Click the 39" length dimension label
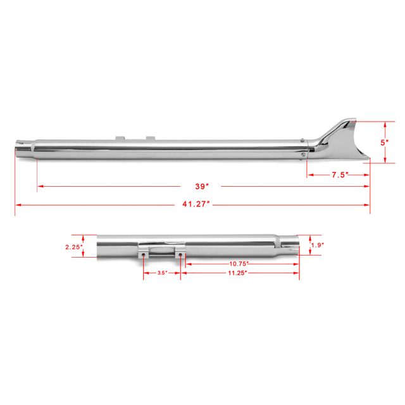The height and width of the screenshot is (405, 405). click(x=202, y=186)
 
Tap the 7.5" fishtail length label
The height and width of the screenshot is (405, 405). click(x=340, y=175)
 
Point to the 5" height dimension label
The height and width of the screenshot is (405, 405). click(x=383, y=142)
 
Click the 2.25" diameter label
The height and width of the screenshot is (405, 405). click(x=73, y=247)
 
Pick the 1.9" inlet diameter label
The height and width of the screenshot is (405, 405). click(x=318, y=245)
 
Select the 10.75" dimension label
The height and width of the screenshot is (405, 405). click(x=239, y=263)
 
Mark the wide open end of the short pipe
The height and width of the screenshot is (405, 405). click(x=99, y=247)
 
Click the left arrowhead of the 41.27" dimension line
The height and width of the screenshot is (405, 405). click(x=18, y=205)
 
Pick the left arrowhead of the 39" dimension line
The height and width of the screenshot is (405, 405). click(x=40, y=186)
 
